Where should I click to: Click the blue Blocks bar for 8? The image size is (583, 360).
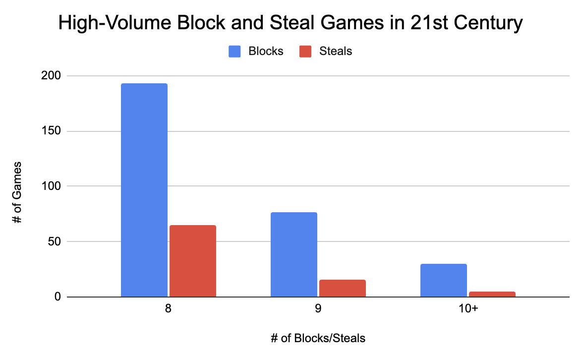tap(144, 190)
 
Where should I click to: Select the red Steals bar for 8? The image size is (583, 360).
tap(193, 261)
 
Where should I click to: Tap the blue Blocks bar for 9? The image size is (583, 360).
tap(294, 255)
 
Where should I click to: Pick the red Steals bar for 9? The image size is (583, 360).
tap(343, 289)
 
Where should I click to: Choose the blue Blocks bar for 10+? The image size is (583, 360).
tap(444, 281)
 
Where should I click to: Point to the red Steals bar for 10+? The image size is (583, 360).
tap(492, 295)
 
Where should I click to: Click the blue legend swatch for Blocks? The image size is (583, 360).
tap(234, 51)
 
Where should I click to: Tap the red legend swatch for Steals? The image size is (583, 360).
tap(305, 51)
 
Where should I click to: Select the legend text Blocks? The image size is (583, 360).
tap(266, 51)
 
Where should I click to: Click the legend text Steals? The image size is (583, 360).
tap(336, 51)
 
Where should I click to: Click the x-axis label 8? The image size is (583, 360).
tap(169, 308)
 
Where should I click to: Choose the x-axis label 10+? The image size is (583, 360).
tap(468, 308)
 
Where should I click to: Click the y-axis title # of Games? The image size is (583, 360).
tap(18, 192)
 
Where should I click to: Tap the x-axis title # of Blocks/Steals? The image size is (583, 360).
tap(318, 339)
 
